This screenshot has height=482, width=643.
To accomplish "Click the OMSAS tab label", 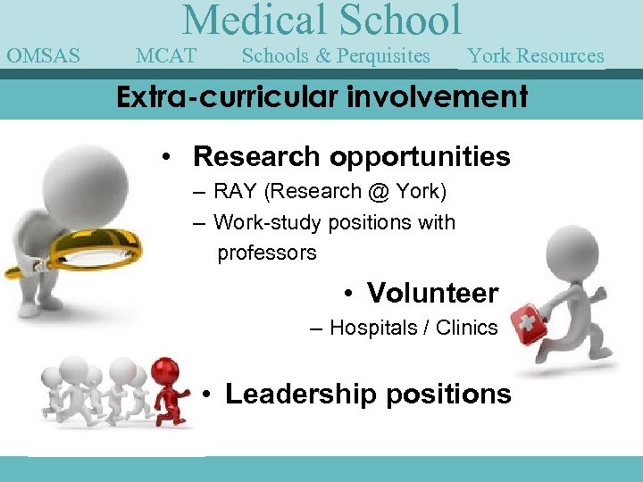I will click(43, 56).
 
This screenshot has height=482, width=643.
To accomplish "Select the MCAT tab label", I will click(166, 56).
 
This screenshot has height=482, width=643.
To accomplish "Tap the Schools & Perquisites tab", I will click(336, 56).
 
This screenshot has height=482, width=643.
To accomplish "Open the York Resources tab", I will click(535, 56).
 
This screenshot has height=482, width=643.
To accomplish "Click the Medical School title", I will click(322, 21).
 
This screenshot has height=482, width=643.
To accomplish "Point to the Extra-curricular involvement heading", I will click(322, 96).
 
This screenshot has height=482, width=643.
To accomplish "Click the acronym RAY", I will click(234, 192).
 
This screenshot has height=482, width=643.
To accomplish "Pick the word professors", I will click(266, 253).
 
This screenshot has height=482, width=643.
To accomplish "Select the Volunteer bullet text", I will click(432, 292).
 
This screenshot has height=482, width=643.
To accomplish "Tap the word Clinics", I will click(466, 328).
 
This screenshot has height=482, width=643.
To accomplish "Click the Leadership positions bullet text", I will click(368, 394).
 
